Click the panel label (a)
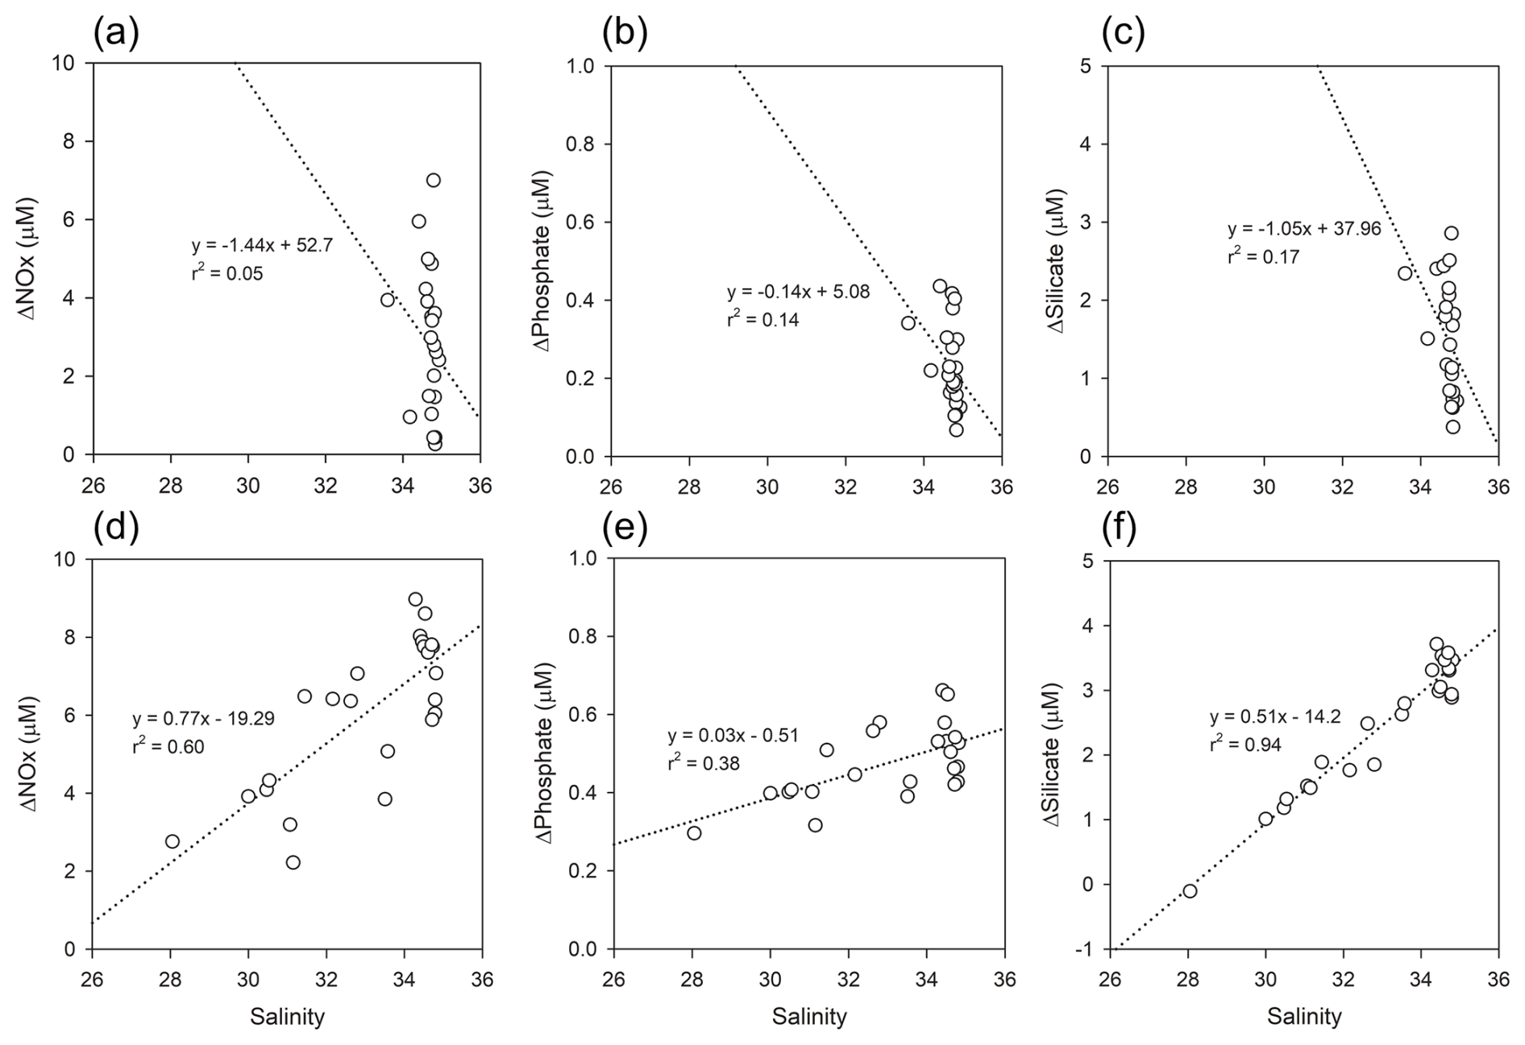pos(116,33)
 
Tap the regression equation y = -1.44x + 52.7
pos(262,246)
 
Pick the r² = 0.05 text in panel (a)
pos(227,273)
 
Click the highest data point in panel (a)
pos(434,180)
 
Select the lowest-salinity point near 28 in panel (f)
pos(1190,890)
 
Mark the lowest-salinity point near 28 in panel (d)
pos(172,841)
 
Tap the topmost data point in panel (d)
pos(415,599)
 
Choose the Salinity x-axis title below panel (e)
pos(809,1017)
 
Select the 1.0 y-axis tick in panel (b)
pos(582,66)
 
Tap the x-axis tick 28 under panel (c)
pos(1186,486)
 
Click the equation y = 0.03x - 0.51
pos(733,736)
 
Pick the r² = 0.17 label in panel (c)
pos(1264,257)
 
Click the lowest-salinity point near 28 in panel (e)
pos(694,833)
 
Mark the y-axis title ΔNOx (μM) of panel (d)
pos(28,753)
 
